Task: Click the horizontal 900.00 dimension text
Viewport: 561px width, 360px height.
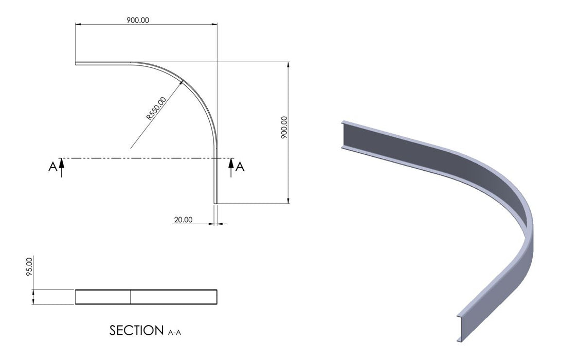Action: pos(138,20)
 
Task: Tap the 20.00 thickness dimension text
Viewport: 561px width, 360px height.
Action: pos(184,220)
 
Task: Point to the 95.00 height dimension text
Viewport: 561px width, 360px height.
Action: pos(29,267)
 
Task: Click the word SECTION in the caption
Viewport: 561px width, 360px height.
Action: pos(137,330)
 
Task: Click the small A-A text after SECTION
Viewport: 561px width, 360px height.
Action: pos(174,333)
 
